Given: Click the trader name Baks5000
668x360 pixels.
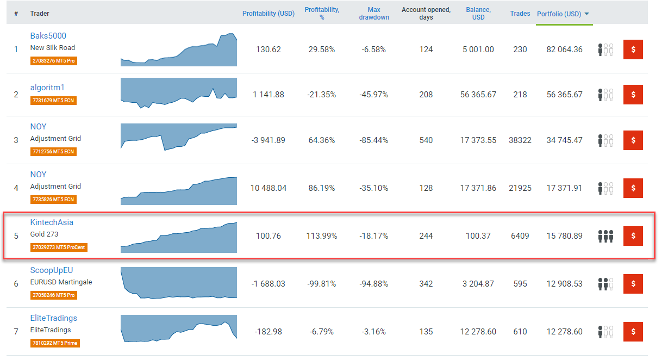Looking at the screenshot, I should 48,36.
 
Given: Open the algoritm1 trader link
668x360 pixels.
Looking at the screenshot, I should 47,88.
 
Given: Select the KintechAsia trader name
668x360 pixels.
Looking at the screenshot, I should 52,222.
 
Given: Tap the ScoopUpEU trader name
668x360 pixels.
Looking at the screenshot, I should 51,270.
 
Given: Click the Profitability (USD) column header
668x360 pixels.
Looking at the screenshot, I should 269,14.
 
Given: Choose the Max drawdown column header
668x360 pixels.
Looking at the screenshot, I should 374,14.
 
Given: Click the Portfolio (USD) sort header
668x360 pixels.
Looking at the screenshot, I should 563,14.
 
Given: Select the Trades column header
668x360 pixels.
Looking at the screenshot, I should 520,14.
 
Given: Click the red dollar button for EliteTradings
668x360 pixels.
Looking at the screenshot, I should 633,332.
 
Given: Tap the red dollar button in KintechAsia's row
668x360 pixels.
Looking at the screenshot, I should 633,236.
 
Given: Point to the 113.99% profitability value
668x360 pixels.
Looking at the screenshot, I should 322,236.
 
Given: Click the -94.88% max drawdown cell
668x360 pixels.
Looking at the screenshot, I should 374,284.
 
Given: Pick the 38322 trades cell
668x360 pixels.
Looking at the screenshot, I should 520,140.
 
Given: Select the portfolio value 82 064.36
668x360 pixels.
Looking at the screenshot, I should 564,49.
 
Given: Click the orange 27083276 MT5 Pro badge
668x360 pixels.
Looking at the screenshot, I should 54,61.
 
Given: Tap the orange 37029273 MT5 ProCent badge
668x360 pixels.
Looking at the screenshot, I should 59,247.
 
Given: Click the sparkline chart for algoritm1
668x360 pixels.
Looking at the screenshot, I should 179,93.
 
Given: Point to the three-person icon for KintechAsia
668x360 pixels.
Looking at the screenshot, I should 605,236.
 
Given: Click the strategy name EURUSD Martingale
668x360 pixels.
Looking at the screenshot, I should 61,282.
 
